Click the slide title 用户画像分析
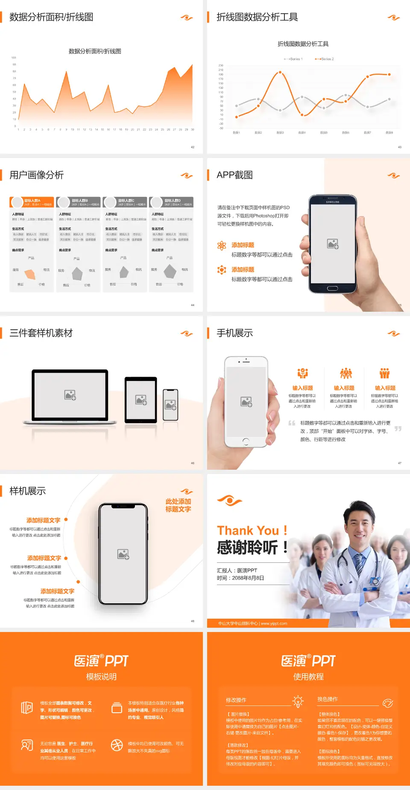pos(37,175)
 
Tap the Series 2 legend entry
pos(325,59)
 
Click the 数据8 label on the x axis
pos(389,133)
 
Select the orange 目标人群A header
pos(32,202)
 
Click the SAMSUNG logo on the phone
pos(332,202)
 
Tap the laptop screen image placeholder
pos(70,395)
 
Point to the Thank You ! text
pos(252,530)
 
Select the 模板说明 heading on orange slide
pos(101,677)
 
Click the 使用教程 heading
pos(308,677)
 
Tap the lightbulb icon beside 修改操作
pos(298,701)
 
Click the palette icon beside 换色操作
pos(388,703)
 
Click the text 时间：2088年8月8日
pos(240,578)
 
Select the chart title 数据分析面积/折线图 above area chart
pos(95,51)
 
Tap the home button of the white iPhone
pos(246,441)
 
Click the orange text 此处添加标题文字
pos(178,505)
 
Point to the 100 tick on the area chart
pos(14,58)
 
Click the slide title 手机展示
pos(234,333)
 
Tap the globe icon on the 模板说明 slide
pos(117,745)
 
